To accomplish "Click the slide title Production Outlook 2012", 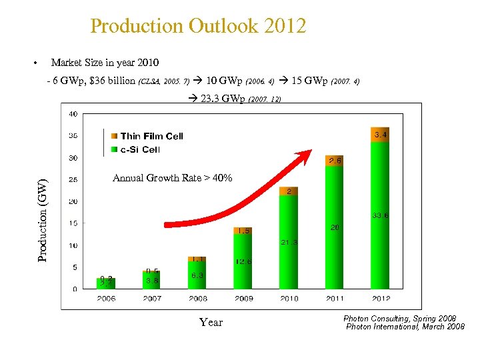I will point(198,27).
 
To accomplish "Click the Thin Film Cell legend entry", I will point(151,136).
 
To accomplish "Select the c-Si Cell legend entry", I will point(140,149).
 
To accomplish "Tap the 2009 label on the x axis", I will point(243,299).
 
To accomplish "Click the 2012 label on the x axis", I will point(380,299).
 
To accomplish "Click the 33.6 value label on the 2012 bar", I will point(381,216).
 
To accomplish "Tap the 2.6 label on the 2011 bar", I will point(335,161).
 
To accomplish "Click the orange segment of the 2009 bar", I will point(243,231).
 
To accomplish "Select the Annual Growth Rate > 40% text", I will point(172,178).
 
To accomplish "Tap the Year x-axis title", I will point(211,323).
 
